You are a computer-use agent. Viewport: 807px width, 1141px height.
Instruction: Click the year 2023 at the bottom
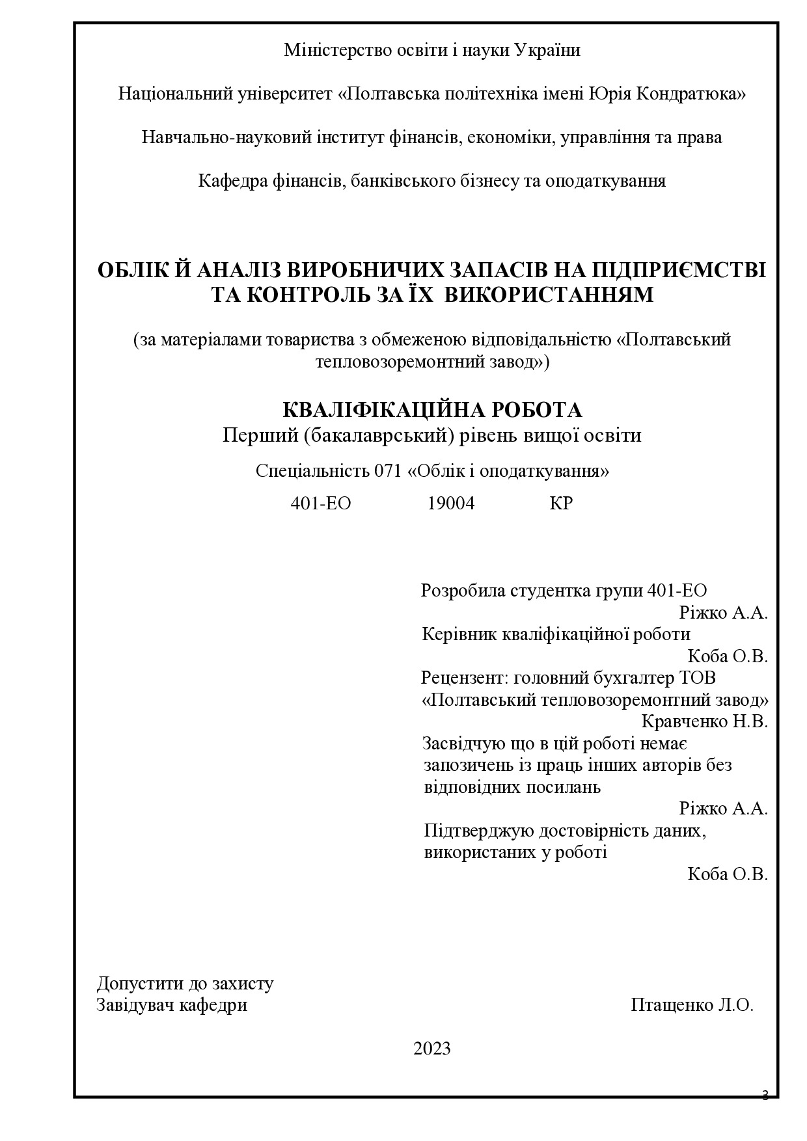point(431,1048)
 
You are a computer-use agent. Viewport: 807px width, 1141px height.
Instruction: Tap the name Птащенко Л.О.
point(692,1005)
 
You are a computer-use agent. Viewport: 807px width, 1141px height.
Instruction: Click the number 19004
point(450,503)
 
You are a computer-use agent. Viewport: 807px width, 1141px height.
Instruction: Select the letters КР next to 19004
point(560,503)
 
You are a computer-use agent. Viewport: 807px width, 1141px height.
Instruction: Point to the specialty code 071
point(388,471)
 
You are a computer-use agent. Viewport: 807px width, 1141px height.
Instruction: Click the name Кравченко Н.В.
point(704,721)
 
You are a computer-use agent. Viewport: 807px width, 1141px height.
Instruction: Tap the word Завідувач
point(135,1005)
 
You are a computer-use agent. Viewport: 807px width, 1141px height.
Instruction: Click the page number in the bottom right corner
point(765,1095)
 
